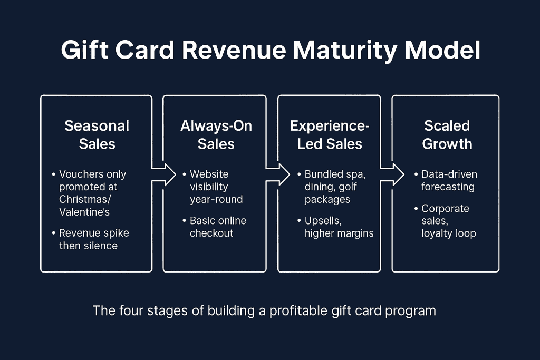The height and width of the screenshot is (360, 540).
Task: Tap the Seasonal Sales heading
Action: coord(97,135)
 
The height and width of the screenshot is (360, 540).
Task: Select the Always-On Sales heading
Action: coord(216,135)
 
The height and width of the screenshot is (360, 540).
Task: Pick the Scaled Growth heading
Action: coord(447,135)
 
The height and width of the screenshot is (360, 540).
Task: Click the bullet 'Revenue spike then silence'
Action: coord(93,239)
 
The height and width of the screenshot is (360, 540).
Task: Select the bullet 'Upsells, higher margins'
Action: coord(339,227)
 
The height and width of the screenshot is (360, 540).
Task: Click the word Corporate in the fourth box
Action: coord(445,209)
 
